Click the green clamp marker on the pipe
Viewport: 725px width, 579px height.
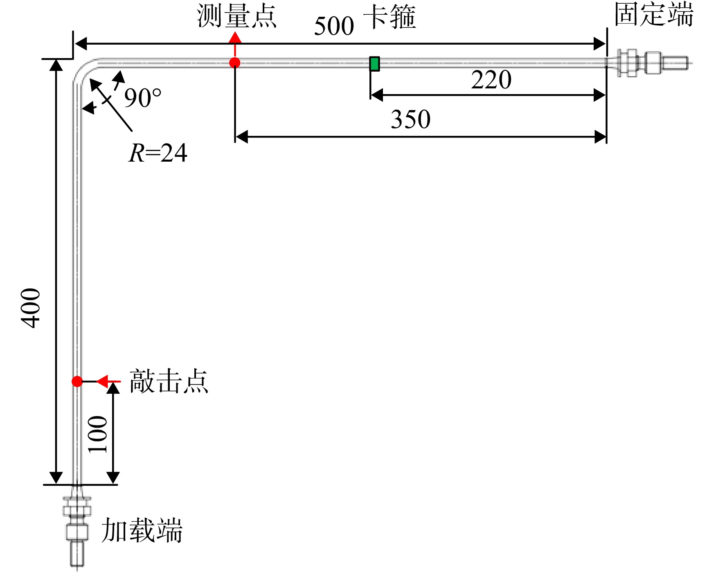(x=374, y=64)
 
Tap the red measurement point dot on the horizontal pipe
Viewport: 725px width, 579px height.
(x=235, y=63)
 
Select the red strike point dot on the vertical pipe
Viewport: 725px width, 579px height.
(x=77, y=381)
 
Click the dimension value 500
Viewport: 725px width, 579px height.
(x=334, y=26)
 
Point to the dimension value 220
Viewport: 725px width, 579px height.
(x=491, y=79)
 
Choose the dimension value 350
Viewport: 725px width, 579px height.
(x=410, y=119)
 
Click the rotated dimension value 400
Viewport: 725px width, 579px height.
(x=31, y=308)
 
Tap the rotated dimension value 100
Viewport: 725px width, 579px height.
(x=98, y=434)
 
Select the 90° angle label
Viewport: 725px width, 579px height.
(x=143, y=98)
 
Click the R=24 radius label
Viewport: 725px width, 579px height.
(x=158, y=153)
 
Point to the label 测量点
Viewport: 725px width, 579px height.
(x=237, y=16)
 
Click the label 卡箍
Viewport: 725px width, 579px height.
(x=390, y=17)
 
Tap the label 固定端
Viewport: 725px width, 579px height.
(x=654, y=14)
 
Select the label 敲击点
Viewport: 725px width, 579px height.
(x=169, y=381)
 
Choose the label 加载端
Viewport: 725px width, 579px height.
(x=142, y=530)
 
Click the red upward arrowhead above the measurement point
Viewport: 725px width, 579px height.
(x=235, y=38)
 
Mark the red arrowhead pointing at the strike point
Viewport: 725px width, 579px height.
(x=102, y=381)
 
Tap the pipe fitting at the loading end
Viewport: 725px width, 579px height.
(x=77, y=526)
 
